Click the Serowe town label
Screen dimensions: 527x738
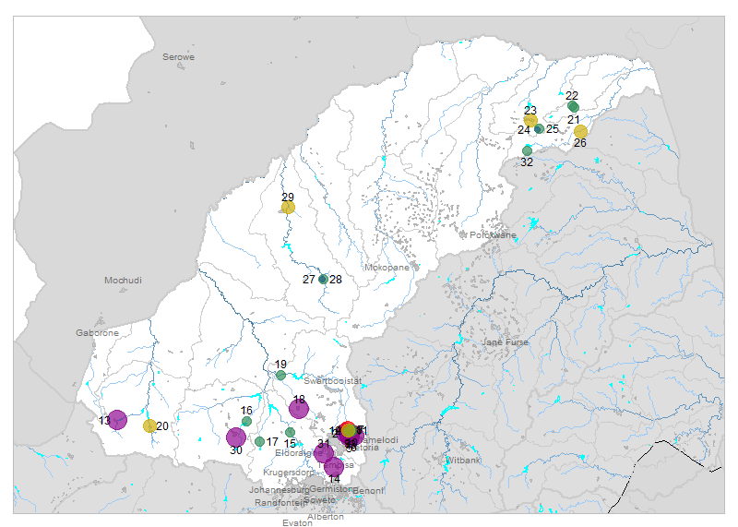[x=179, y=57]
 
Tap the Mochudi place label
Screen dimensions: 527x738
[x=123, y=280]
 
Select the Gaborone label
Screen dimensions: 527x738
[x=97, y=332]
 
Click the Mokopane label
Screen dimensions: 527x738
[x=387, y=268]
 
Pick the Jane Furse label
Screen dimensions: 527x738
[x=505, y=342]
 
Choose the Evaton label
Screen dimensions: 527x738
[x=298, y=522]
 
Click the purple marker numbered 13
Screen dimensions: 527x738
[x=117, y=420]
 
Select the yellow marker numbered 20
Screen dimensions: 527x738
[x=149, y=425]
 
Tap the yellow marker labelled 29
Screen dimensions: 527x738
[x=288, y=208]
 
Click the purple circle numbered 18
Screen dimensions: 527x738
[x=299, y=409]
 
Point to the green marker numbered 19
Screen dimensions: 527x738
[x=280, y=376]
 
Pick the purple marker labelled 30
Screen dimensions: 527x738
[x=236, y=437]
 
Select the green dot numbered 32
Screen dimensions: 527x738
[x=528, y=150]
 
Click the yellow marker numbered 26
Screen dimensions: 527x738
[x=580, y=132]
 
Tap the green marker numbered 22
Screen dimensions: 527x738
[x=573, y=107]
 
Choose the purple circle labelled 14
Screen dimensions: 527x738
[x=334, y=467]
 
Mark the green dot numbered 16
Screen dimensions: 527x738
[x=246, y=421]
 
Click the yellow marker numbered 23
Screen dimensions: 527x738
[x=530, y=120]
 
